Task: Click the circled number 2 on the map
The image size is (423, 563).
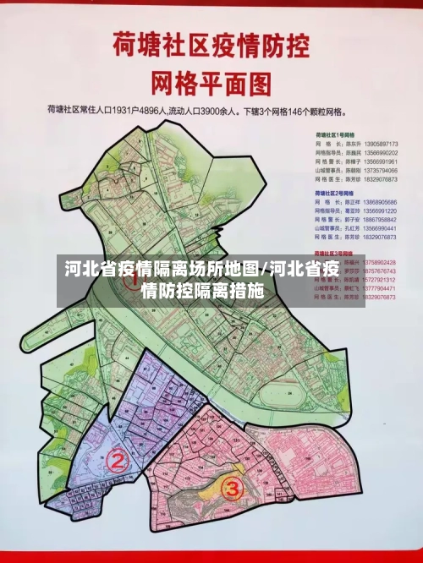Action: pyautogui.click(x=118, y=462)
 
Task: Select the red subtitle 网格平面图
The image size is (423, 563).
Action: pyautogui.click(x=211, y=82)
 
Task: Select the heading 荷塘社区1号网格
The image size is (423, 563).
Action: pyautogui.click(x=333, y=135)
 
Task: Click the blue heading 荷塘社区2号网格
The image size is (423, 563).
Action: pyautogui.click(x=333, y=194)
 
